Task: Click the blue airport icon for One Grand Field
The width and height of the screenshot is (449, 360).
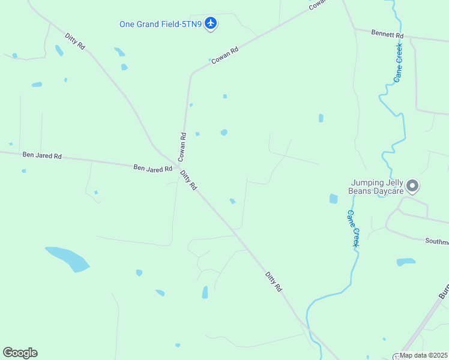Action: click(210, 23)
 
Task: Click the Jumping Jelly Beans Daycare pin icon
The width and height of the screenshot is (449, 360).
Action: click(412, 186)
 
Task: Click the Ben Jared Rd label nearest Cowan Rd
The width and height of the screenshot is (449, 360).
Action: click(152, 169)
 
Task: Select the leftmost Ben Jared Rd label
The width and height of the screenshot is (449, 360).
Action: click(42, 155)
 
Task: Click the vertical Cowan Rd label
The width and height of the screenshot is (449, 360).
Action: click(182, 146)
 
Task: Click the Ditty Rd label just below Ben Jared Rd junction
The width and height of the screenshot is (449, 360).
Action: click(188, 180)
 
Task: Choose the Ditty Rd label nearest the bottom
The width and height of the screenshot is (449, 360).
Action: click(274, 281)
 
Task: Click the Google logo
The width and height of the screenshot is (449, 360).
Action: click(20, 353)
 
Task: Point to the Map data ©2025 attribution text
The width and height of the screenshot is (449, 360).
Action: click(423, 355)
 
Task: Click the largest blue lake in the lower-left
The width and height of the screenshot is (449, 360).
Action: click(67, 258)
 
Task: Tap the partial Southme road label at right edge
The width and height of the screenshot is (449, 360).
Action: click(437, 242)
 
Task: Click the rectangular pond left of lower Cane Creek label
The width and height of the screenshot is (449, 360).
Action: click(334, 199)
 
